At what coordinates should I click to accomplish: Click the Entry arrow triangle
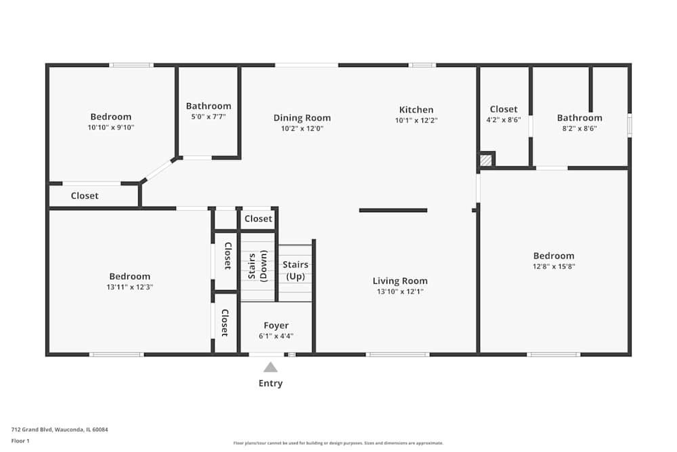(270, 367)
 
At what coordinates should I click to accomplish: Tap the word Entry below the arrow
(271, 384)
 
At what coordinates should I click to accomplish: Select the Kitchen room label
(416, 110)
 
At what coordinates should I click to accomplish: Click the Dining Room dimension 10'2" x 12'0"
(302, 128)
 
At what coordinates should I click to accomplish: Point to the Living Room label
(400, 281)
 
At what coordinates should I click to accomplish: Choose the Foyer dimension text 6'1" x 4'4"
(276, 335)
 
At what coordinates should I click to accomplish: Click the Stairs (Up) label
(296, 270)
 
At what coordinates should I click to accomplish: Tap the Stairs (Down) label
(258, 266)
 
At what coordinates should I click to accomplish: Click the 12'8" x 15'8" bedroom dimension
(554, 266)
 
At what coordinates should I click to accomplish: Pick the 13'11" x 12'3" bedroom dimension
(130, 287)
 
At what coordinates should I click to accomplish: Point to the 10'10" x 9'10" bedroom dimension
(111, 127)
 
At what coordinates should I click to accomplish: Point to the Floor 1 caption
(20, 440)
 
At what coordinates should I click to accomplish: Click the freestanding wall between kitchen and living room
(393, 211)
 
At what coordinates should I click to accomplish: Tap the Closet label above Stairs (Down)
(258, 219)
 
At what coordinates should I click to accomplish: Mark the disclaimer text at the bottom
(338, 443)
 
